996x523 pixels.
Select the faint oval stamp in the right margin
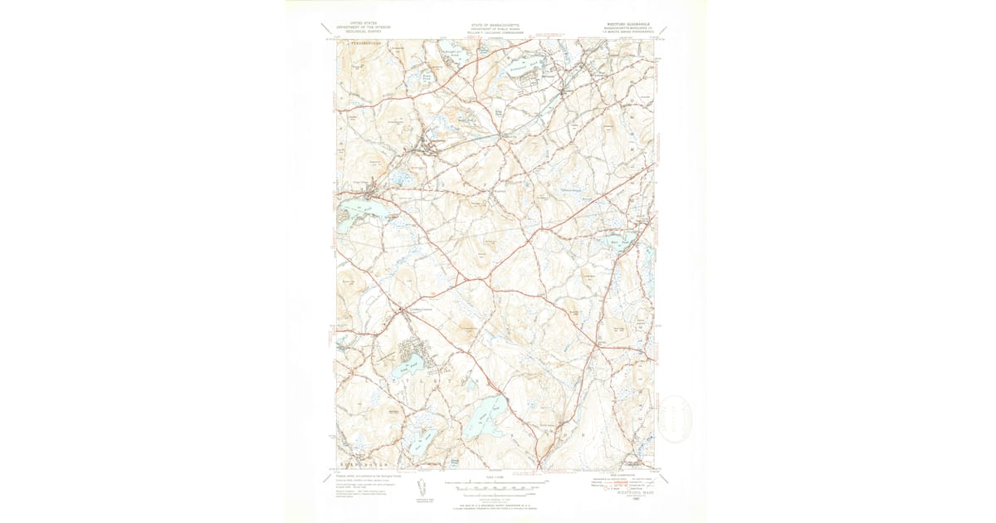[x=674, y=419]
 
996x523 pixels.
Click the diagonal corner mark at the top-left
[x=328, y=31]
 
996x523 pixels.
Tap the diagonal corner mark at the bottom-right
[x=663, y=477]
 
